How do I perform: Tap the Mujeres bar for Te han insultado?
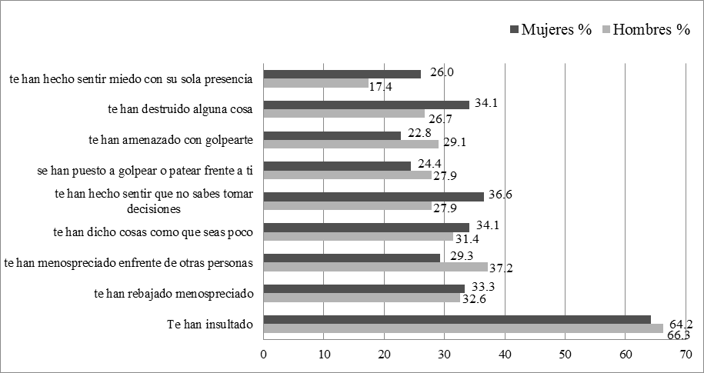click(x=457, y=319)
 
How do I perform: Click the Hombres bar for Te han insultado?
click(x=463, y=328)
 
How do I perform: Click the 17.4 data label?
click(x=381, y=87)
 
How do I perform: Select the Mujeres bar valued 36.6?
click(x=373, y=196)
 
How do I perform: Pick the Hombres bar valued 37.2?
click(x=375, y=267)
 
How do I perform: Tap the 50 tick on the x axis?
click(x=565, y=355)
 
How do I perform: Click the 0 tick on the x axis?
click(x=264, y=355)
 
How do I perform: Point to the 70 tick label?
click(x=686, y=355)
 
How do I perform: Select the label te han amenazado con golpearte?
click(x=172, y=140)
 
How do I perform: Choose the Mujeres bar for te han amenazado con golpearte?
click(x=332, y=135)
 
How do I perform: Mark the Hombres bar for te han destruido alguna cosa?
click(x=344, y=113)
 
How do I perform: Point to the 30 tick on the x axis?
click(x=445, y=355)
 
